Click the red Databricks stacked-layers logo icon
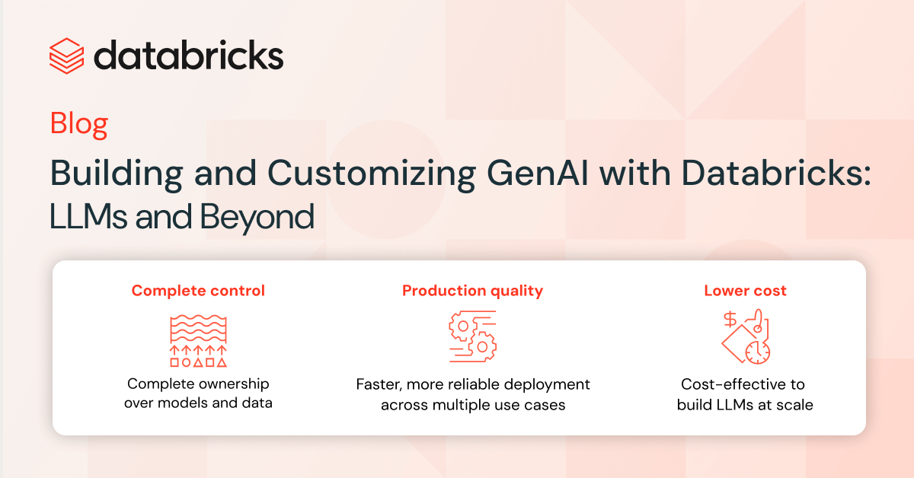click(x=66, y=56)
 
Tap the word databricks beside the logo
click(x=189, y=55)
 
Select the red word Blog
click(x=78, y=124)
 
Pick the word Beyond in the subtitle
click(x=257, y=218)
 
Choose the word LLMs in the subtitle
click(x=88, y=216)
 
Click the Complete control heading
click(x=198, y=291)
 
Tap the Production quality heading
click(x=472, y=292)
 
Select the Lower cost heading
click(x=745, y=291)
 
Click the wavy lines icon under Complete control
click(x=198, y=329)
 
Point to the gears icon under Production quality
click(x=472, y=336)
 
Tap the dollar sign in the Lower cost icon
click(x=730, y=320)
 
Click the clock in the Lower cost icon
click(x=758, y=352)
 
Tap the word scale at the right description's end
click(x=795, y=405)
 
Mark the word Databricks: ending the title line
click(x=776, y=173)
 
